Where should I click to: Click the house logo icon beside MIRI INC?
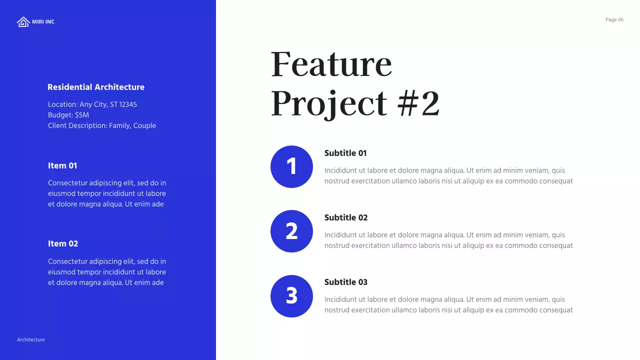(23, 22)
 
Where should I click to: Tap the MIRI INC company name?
(43, 22)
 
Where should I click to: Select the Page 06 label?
(614, 20)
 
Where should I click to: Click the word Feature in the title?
(331, 64)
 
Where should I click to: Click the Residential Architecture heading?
(96, 87)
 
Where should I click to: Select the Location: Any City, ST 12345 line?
(92, 104)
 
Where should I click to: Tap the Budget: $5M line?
(68, 115)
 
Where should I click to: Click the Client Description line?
(102, 125)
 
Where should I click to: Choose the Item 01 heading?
(62, 165)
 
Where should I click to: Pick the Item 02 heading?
(63, 243)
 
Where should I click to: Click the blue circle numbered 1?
(291, 166)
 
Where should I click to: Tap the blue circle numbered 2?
(291, 231)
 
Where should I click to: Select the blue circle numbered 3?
(291, 296)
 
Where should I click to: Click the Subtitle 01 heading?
(345, 153)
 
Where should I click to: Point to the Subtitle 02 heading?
(346, 217)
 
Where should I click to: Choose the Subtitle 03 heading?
(346, 282)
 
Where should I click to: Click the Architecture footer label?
(31, 340)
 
